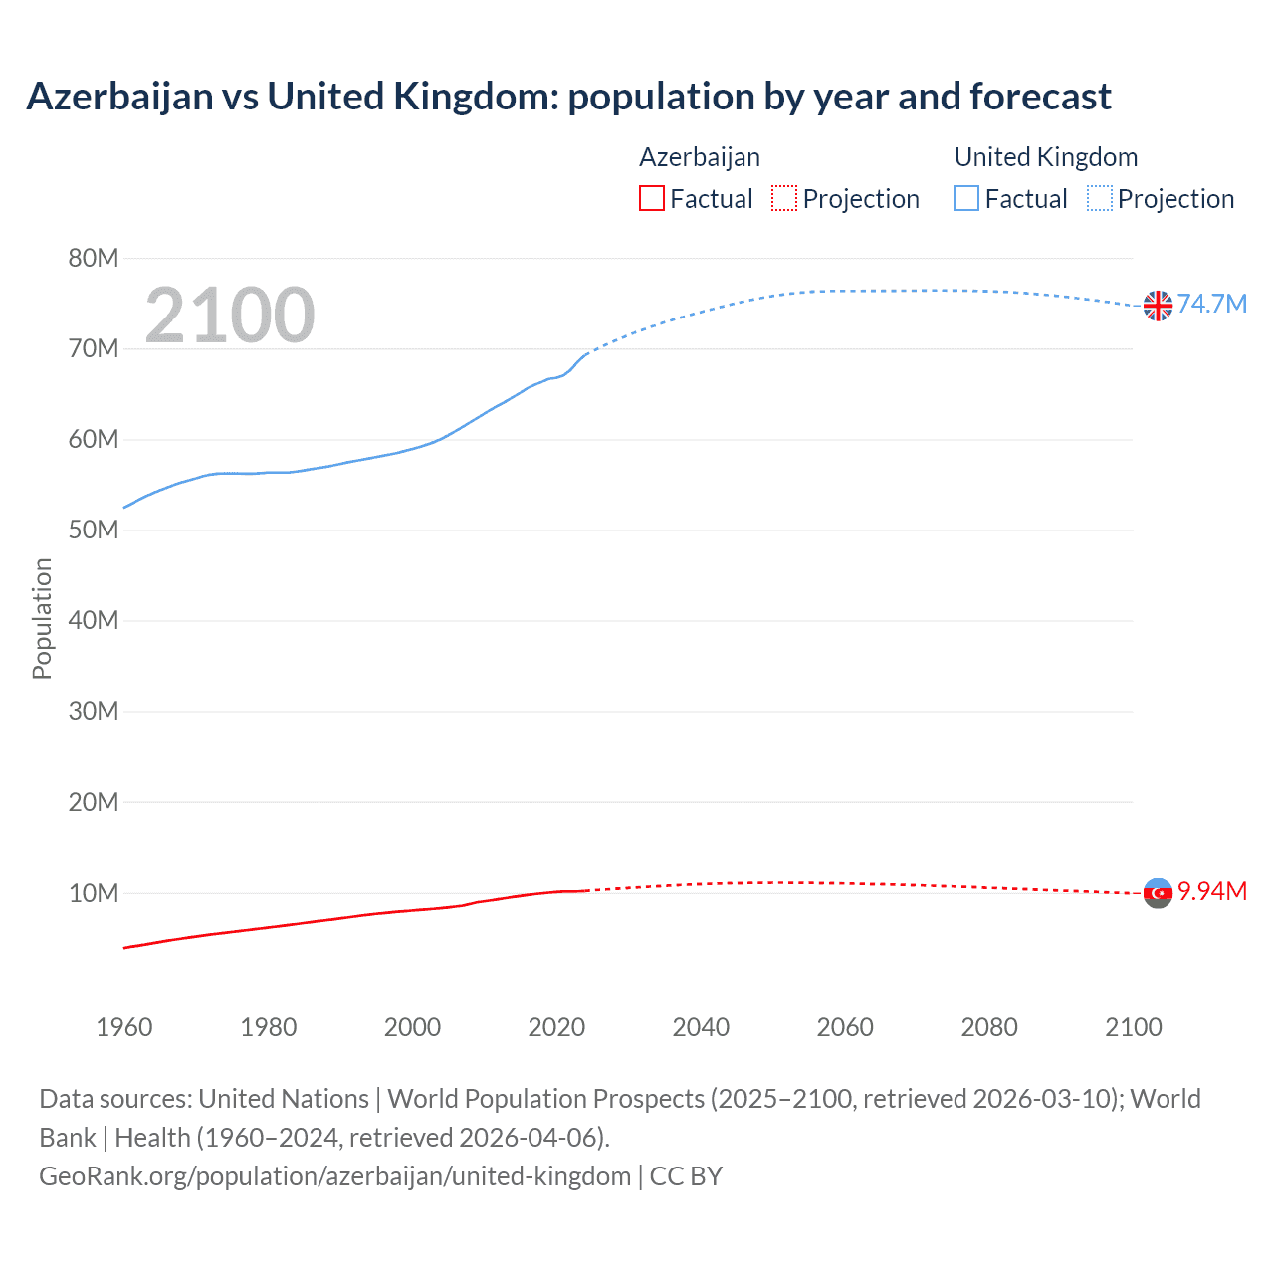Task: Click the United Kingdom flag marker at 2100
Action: click(x=1158, y=306)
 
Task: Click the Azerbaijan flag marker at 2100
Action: click(x=1158, y=893)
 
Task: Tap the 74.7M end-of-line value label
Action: click(x=1211, y=304)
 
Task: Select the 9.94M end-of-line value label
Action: click(x=1211, y=891)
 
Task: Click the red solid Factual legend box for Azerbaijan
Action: click(x=652, y=199)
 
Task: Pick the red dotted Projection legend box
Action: click(x=784, y=199)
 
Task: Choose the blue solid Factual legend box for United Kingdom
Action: click(x=966, y=199)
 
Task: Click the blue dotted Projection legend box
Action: click(x=1100, y=199)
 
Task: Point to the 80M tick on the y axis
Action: click(x=94, y=259)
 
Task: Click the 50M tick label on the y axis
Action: click(x=94, y=531)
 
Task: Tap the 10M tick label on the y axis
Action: click(x=94, y=893)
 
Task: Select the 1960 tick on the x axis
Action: click(x=124, y=1027)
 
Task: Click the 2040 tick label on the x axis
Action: click(x=701, y=1027)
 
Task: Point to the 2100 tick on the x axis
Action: click(x=1134, y=1027)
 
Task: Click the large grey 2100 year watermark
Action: click(x=230, y=316)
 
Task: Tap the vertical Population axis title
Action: click(x=42, y=618)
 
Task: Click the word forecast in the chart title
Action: click(x=1040, y=97)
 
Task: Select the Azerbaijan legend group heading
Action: click(x=700, y=157)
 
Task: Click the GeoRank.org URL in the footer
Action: click(x=334, y=1176)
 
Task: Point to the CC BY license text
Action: click(x=686, y=1176)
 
